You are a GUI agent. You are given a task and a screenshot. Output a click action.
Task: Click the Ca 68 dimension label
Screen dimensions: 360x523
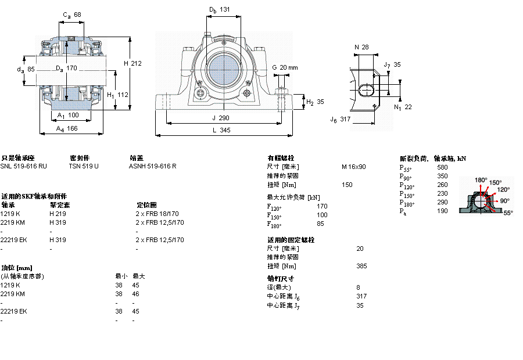click(x=71, y=15)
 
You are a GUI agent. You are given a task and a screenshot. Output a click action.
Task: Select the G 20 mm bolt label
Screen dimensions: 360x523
click(x=284, y=67)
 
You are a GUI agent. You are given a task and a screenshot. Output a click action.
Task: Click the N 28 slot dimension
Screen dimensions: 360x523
click(x=361, y=47)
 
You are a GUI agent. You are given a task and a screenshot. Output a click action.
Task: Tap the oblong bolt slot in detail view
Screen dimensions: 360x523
click(x=368, y=90)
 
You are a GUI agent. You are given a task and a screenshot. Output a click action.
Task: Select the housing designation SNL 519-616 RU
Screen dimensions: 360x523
click(x=24, y=166)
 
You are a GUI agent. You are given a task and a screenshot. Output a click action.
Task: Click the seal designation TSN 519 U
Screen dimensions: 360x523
click(x=84, y=166)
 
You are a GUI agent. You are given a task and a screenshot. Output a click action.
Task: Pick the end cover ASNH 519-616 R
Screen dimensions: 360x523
click(x=152, y=166)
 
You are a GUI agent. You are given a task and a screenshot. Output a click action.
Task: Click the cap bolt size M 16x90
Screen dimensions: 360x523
click(x=353, y=167)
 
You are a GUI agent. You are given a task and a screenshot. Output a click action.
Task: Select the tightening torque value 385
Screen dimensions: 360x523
click(x=361, y=266)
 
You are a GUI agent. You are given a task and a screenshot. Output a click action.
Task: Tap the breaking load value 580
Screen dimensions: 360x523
click(x=443, y=167)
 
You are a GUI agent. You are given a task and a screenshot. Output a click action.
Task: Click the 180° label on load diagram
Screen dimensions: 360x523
click(x=481, y=180)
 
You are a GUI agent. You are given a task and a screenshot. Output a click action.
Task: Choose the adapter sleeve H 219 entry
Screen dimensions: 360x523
click(x=57, y=214)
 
